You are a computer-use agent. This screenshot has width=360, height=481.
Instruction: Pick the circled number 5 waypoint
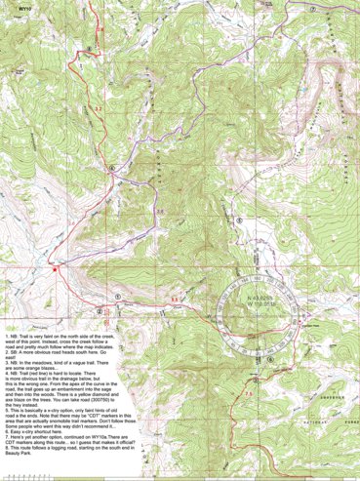(x=238, y=220)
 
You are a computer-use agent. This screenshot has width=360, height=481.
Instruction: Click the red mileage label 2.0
(x=71, y=222)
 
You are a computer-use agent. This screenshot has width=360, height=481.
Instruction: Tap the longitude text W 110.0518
(x=248, y=303)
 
